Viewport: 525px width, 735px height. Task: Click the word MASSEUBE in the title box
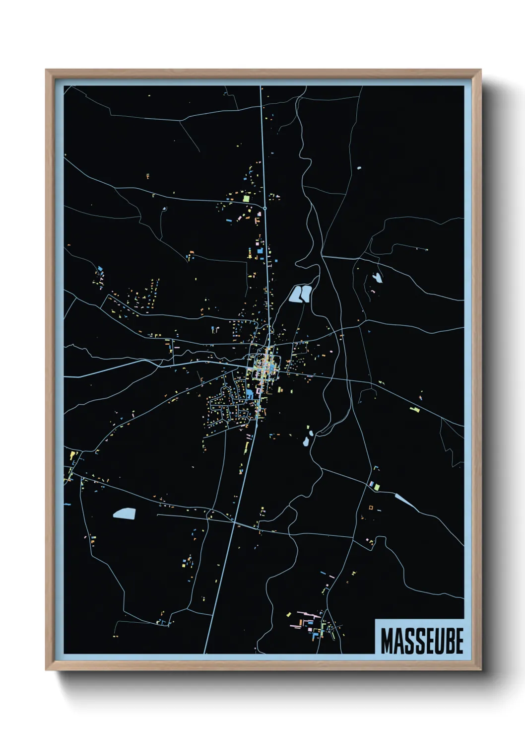[x=422, y=641]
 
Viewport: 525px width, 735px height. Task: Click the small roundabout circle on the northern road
[x=265, y=209]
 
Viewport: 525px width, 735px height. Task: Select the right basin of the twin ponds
[x=305, y=293]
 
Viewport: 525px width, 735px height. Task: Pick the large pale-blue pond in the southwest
[x=124, y=513]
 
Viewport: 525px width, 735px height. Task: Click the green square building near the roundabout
[x=246, y=199]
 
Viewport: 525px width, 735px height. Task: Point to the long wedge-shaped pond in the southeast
[x=405, y=501]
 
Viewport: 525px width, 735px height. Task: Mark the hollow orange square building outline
[x=370, y=508]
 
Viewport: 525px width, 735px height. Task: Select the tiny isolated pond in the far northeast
[x=359, y=168]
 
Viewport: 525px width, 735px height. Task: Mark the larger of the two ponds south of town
[x=307, y=441]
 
